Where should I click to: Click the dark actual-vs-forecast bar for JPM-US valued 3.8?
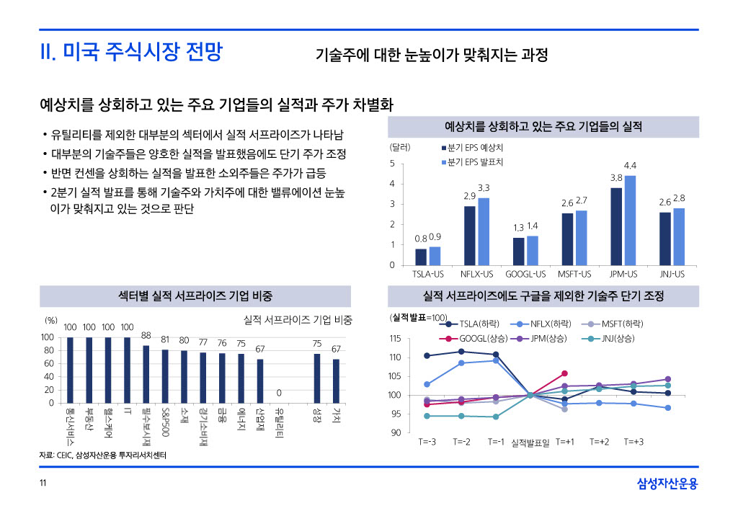616,226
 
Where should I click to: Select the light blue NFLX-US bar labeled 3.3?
484,231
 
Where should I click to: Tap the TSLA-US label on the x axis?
428,275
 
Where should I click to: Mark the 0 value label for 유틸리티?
279,393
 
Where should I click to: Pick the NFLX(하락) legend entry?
545,324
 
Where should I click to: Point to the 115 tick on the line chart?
395,339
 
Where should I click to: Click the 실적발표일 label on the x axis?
530,442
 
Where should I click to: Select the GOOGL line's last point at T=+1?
564,373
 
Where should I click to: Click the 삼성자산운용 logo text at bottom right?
667,484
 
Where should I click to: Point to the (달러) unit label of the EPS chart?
400,147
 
